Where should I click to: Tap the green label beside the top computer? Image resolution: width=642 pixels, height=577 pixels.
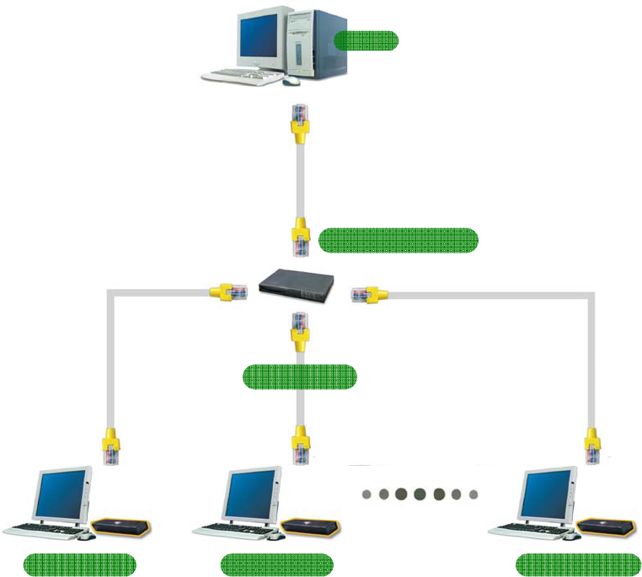click(366, 40)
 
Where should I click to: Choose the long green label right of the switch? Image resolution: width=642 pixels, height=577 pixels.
click(398, 240)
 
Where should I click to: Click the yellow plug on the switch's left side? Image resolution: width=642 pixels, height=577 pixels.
click(228, 292)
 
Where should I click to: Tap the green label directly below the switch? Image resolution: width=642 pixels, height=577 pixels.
click(299, 377)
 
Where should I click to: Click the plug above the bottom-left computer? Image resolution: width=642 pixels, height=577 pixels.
click(110, 446)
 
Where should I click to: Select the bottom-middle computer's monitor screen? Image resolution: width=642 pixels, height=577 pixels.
click(252, 494)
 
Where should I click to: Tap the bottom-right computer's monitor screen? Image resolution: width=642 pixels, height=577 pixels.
click(548, 494)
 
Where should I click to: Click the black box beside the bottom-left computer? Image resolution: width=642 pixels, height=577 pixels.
click(120, 528)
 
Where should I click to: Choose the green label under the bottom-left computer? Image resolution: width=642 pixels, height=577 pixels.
click(79, 564)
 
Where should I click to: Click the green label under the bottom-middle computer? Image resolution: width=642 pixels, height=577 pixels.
click(276, 564)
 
